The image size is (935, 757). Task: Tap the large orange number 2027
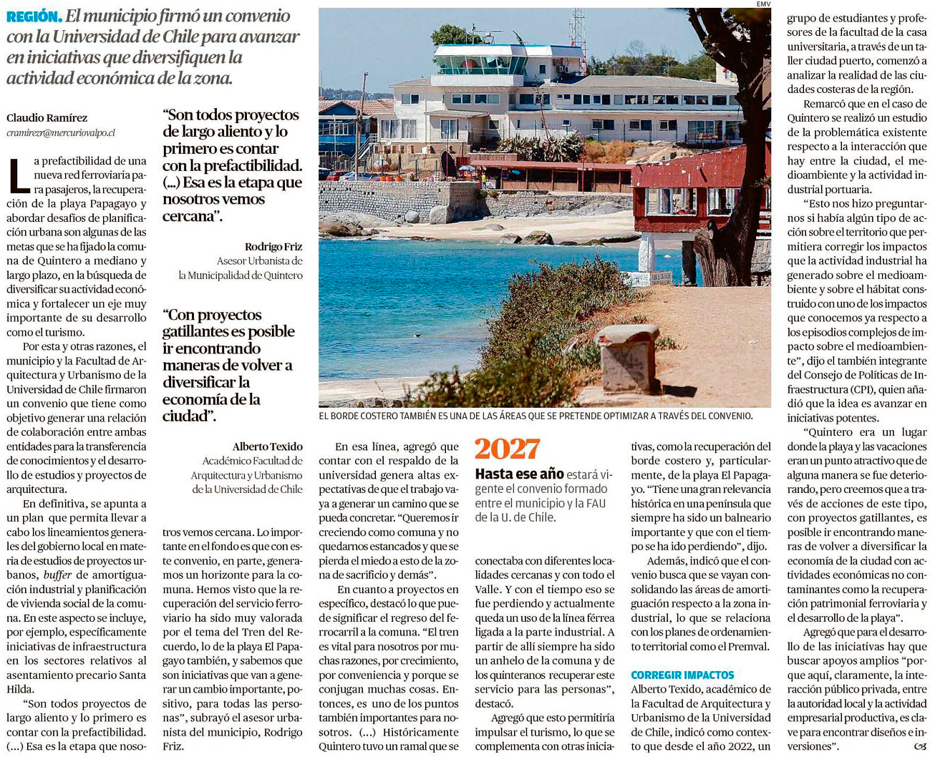[x=507, y=449]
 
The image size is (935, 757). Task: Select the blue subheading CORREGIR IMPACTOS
[x=682, y=675]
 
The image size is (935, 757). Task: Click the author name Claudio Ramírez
[x=47, y=118]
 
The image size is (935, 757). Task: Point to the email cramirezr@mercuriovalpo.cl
[x=61, y=132]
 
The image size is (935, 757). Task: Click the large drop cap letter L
[x=19, y=176]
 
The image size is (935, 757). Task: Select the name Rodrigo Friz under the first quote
[x=273, y=247]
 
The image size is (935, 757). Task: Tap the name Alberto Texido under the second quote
[x=267, y=446]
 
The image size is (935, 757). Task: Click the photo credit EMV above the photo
[x=763, y=4]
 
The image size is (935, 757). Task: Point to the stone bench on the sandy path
[x=627, y=358]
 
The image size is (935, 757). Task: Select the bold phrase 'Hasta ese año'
[x=519, y=474]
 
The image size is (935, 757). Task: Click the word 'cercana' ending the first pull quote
[x=189, y=216]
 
